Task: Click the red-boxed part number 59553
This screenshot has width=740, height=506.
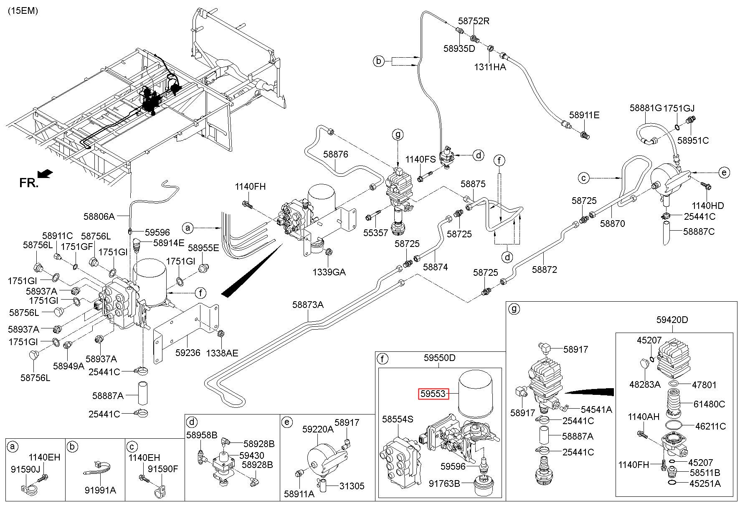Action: click(433, 394)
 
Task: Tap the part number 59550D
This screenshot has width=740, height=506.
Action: click(439, 358)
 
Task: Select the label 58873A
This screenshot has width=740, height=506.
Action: click(308, 305)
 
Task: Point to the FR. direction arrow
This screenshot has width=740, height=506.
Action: click(45, 173)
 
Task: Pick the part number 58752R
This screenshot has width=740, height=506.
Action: click(474, 21)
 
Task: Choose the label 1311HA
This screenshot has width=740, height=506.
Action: click(490, 67)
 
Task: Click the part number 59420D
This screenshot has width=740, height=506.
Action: click(672, 320)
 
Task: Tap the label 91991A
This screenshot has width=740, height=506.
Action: click(100, 490)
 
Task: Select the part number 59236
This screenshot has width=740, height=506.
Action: click(188, 353)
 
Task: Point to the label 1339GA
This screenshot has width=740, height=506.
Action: click(329, 272)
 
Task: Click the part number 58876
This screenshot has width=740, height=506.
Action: click(335, 155)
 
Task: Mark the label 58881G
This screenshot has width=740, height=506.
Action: click(646, 108)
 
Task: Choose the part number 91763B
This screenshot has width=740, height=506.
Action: click(445, 483)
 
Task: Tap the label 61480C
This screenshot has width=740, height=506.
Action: click(710, 404)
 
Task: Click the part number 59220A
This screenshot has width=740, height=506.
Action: click(318, 429)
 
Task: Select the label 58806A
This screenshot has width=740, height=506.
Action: click(99, 216)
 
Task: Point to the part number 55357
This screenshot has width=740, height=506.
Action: click(375, 233)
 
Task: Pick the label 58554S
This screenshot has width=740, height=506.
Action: click(398, 419)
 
